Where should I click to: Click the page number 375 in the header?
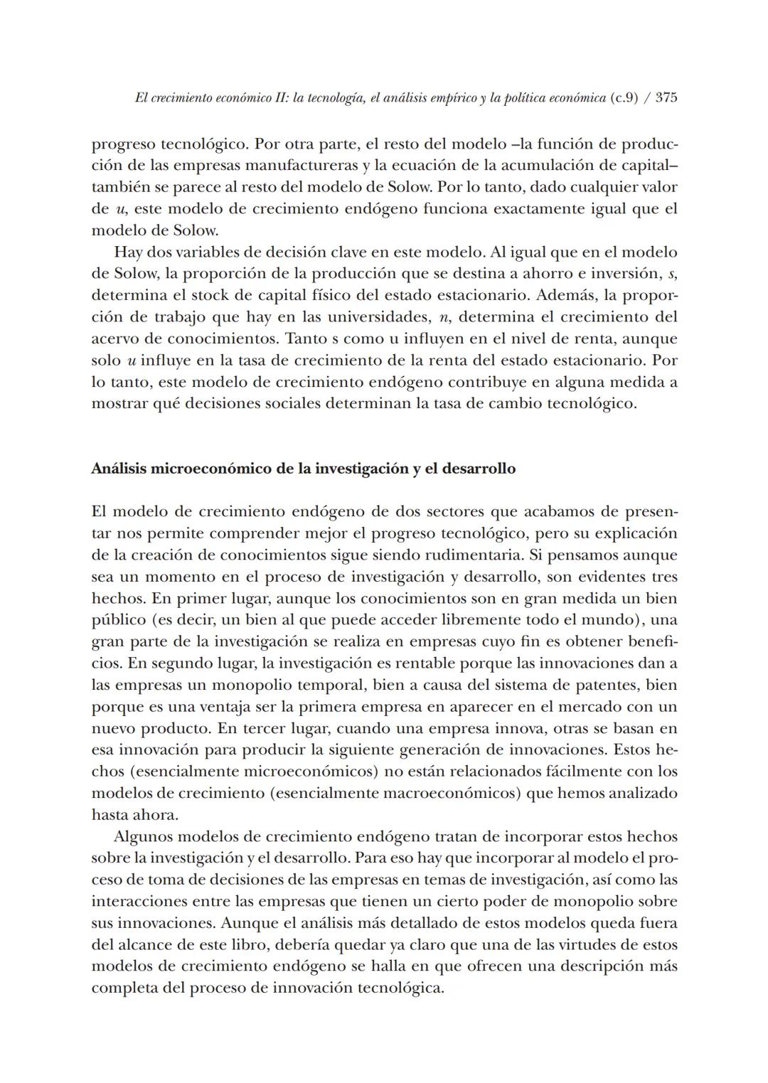[x=666, y=97]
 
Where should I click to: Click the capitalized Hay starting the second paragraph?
[x=128, y=252]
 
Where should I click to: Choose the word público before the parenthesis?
[x=118, y=620]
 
